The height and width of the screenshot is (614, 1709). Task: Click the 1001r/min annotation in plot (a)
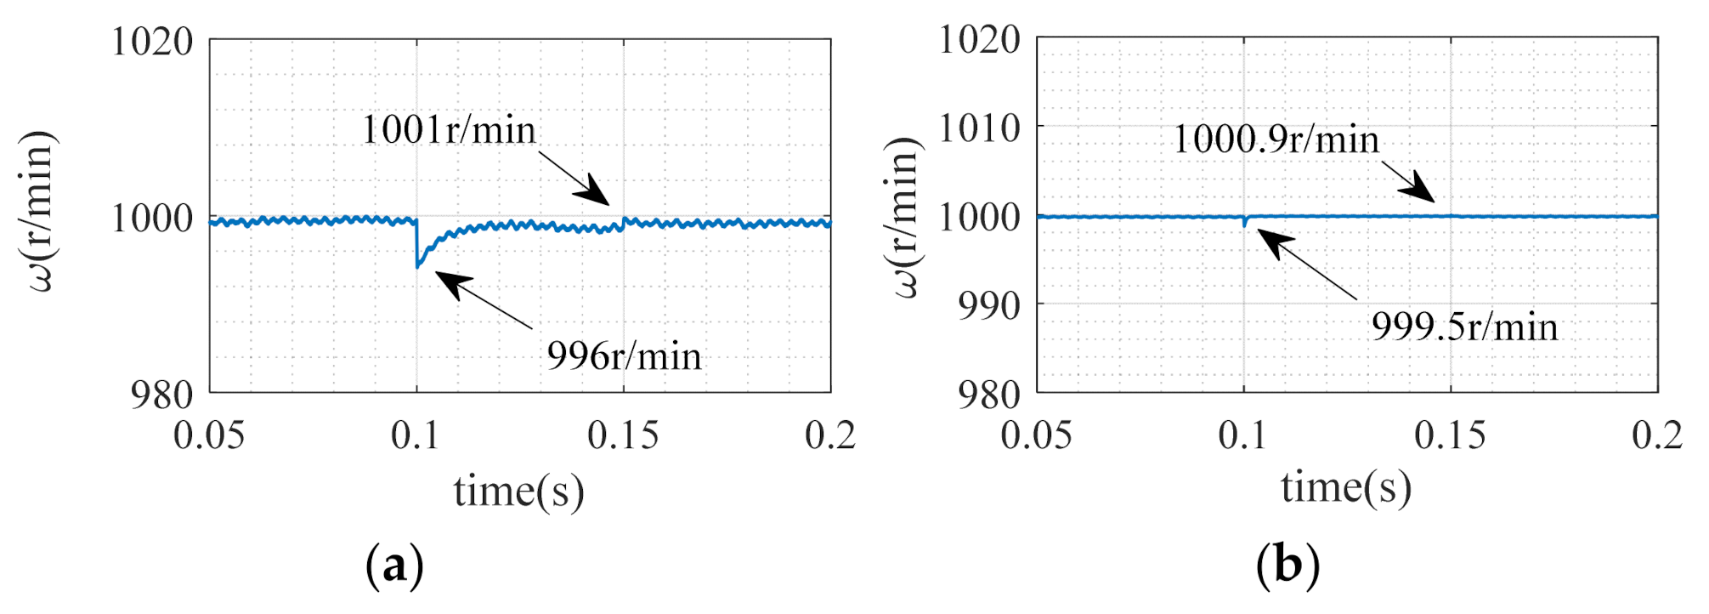click(449, 130)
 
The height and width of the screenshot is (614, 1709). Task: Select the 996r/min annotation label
click(625, 355)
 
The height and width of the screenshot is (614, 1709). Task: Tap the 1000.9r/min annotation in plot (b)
click(1276, 139)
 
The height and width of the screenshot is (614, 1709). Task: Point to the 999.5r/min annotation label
click(1464, 327)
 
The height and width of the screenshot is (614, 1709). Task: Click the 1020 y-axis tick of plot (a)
click(153, 41)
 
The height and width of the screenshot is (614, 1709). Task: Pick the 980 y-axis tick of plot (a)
click(162, 395)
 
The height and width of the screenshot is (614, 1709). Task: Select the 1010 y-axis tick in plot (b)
click(979, 128)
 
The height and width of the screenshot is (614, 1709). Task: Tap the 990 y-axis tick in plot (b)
click(989, 305)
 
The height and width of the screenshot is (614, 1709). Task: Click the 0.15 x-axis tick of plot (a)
click(623, 435)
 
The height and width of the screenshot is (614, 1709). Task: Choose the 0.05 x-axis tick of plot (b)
click(1036, 435)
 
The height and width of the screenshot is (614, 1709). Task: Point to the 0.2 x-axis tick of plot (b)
click(1656, 435)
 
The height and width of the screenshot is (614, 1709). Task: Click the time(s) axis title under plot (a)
click(518, 492)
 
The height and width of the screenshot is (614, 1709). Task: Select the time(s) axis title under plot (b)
click(1346, 488)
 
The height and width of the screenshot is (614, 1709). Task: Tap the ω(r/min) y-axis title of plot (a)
click(38, 211)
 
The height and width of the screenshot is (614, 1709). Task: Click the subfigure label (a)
click(394, 565)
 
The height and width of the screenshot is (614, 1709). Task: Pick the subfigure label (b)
click(1287, 565)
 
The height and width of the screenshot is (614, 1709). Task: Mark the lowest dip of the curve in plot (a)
click(417, 267)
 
